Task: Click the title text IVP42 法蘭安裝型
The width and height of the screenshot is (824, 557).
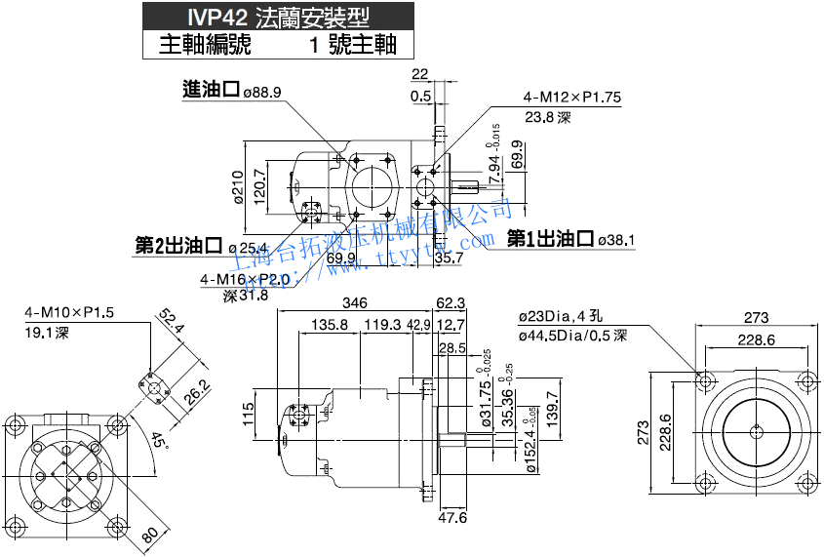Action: point(270,18)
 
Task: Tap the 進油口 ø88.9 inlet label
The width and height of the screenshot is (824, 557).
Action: point(232,91)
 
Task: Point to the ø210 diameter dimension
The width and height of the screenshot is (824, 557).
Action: point(237,185)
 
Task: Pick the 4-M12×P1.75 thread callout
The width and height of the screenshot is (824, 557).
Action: point(572,98)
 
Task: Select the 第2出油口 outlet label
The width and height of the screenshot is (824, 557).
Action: point(179,245)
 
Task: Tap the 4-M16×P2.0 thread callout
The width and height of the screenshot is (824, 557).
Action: point(246,280)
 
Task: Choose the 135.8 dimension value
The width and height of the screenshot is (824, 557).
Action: point(330,325)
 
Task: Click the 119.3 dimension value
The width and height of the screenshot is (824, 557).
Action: point(382,325)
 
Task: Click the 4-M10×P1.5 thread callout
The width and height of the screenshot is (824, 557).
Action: point(70,313)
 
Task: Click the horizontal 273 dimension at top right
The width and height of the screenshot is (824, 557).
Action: point(756,318)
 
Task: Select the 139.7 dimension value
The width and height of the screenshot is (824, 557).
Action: point(552,409)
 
